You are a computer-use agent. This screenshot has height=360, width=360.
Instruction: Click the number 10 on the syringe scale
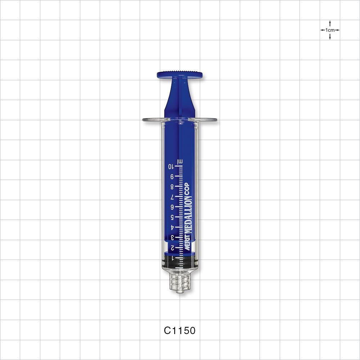pyautogui.click(x=171, y=166)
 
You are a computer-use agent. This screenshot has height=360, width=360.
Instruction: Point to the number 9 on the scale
pyautogui.click(x=172, y=176)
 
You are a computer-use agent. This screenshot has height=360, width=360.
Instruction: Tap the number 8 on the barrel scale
pyautogui.click(x=172, y=187)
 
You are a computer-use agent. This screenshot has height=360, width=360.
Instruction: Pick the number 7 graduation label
pyautogui.click(x=172, y=197)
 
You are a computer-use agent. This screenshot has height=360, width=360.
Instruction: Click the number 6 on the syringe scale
pyautogui.click(x=172, y=207)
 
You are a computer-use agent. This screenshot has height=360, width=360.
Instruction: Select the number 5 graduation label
pyautogui.click(x=172, y=217)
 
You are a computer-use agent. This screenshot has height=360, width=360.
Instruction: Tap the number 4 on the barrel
pyautogui.click(x=172, y=227)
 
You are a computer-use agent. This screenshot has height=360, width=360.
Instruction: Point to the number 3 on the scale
pyautogui.click(x=172, y=237)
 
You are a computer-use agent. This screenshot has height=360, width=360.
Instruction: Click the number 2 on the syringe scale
pyautogui.click(x=172, y=248)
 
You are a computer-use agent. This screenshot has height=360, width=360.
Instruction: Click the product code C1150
pyautogui.click(x=180, y=330)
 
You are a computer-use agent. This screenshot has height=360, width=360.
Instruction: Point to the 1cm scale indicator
pyautogui.click(x=330, y=30)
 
